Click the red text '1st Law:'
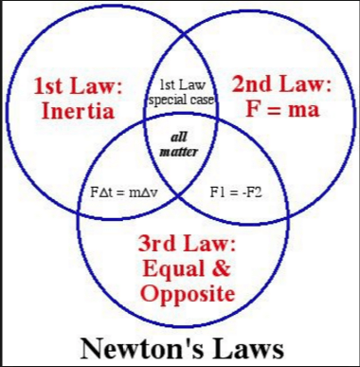[79, 86]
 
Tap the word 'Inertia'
[79, 111]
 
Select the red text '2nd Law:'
[281, 84]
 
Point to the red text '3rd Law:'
[187, 244]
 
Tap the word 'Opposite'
[187, 293]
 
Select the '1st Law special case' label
[181, 91]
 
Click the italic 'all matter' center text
[178, 143]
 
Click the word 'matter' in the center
[178, 151]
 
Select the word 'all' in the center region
[178, 137]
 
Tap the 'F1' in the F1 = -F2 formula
[215, 192]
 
